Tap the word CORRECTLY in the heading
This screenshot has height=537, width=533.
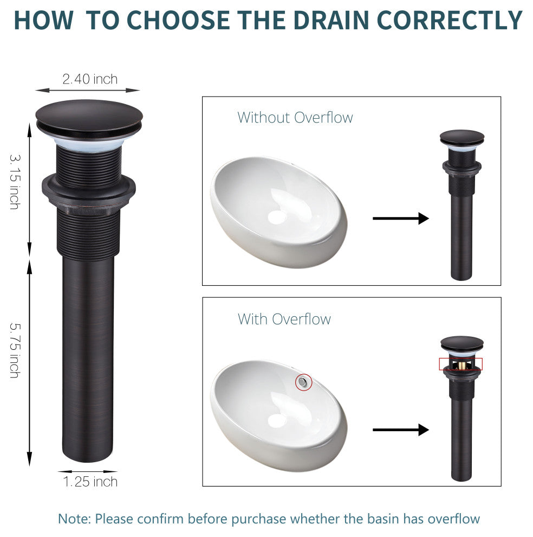pyautogui.click(x=450, y=20)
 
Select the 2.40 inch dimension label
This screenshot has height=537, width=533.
pyautogui.click(x=90, y=79)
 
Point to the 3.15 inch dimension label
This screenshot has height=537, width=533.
pyautogui.click(x=15, y=182)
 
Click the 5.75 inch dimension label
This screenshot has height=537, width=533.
pyautogui.click(x=15, y=350)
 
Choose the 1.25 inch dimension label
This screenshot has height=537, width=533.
pyautogui.click(x=90, y=482)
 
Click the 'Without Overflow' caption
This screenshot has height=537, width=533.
pyautogui.click(x=295, y=118)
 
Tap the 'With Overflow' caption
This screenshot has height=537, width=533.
pyautogui.click(x=284, y=319)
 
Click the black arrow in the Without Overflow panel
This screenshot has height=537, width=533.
pyautogui.click(x=401, y=218)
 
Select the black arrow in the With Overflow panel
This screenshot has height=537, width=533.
pyautogui.click(x=401, y=430)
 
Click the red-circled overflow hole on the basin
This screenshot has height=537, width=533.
pyautogui.click(x=303, y=382)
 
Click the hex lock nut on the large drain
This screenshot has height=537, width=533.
pyautogui.click(x=89, y=190)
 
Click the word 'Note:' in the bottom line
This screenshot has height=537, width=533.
pyautogui.click(x=75, y=519)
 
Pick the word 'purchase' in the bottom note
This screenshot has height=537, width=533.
pyautogui.click(x=258, y=519)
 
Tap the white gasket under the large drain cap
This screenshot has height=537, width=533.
pyautogui.click(x=88, y=144)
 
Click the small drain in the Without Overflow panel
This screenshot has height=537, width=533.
pyautogui.click(x=461, y=205)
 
